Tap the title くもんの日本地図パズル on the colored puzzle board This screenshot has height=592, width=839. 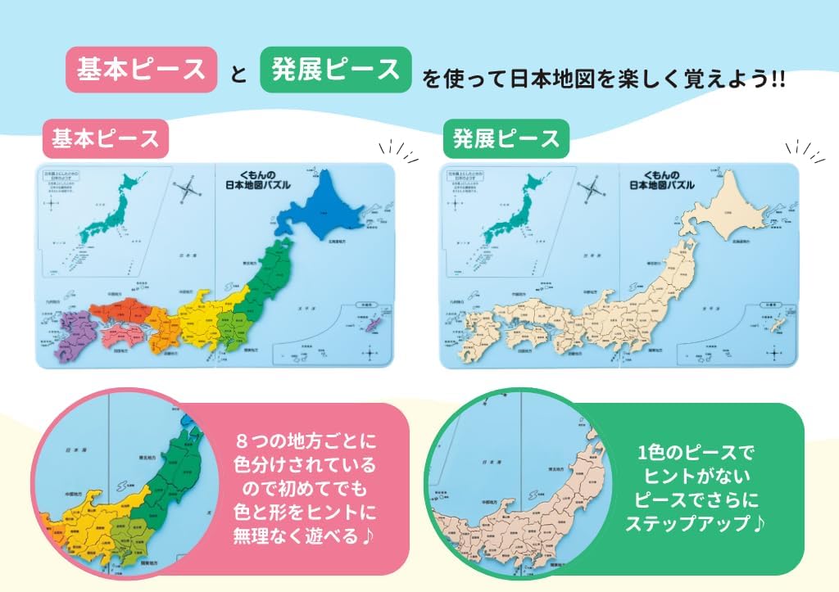tap(257, 180)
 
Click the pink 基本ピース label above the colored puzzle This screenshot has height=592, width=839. tap(105, 138)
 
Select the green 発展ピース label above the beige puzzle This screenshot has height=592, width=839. tap(506, 138)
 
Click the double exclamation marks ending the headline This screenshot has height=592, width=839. tap(778, 79)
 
